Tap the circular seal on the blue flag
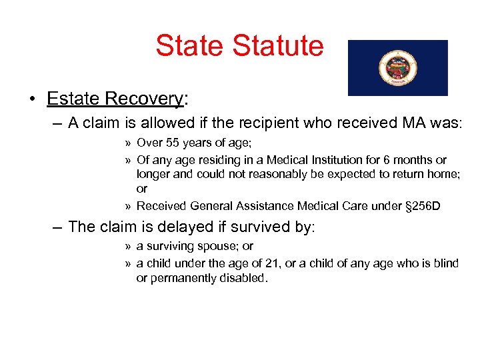[397, 68]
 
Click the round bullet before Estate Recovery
[33, 99]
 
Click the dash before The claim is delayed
[58, 227]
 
